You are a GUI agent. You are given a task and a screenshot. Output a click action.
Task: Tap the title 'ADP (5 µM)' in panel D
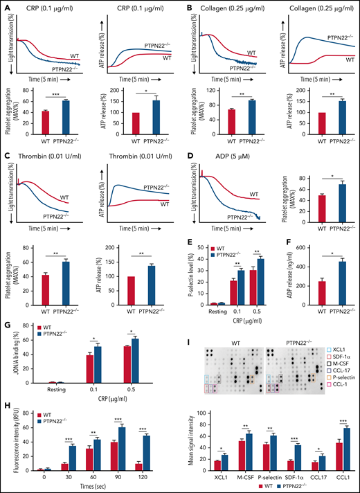click(219, 125)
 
